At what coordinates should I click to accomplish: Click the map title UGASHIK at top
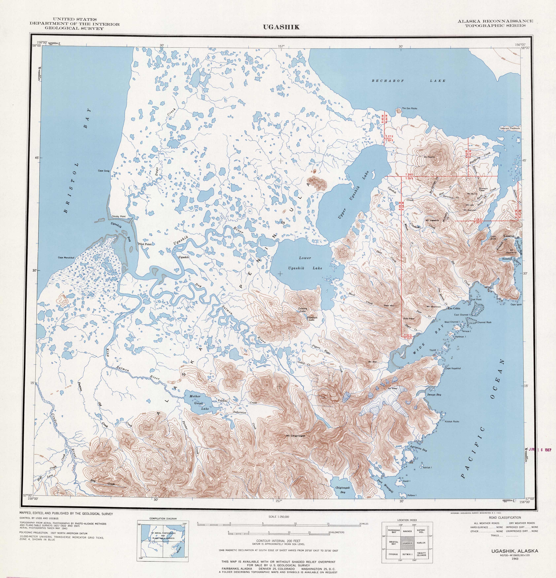[281, 27]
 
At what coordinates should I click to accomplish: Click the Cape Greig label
[104, 171]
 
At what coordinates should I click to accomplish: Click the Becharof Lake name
[408, 81]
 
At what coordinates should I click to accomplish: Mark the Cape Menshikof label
[66, 257]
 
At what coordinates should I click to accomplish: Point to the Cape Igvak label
[516, 304]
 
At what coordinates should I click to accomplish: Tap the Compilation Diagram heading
[163, 518]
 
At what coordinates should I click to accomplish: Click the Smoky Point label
[119, 217]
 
